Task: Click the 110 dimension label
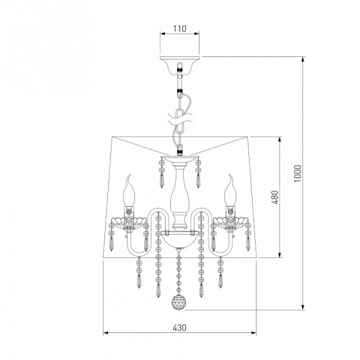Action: pos(179,29)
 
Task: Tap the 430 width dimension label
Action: pos(179,328)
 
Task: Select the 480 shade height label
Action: pos(275,197)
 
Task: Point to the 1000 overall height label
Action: pos(298,173)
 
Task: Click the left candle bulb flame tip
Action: pos(130,175)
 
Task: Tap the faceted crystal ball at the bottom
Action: pos(178,302)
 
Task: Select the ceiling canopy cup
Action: pos(180,65)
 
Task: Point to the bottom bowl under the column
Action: pos(179,240)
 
